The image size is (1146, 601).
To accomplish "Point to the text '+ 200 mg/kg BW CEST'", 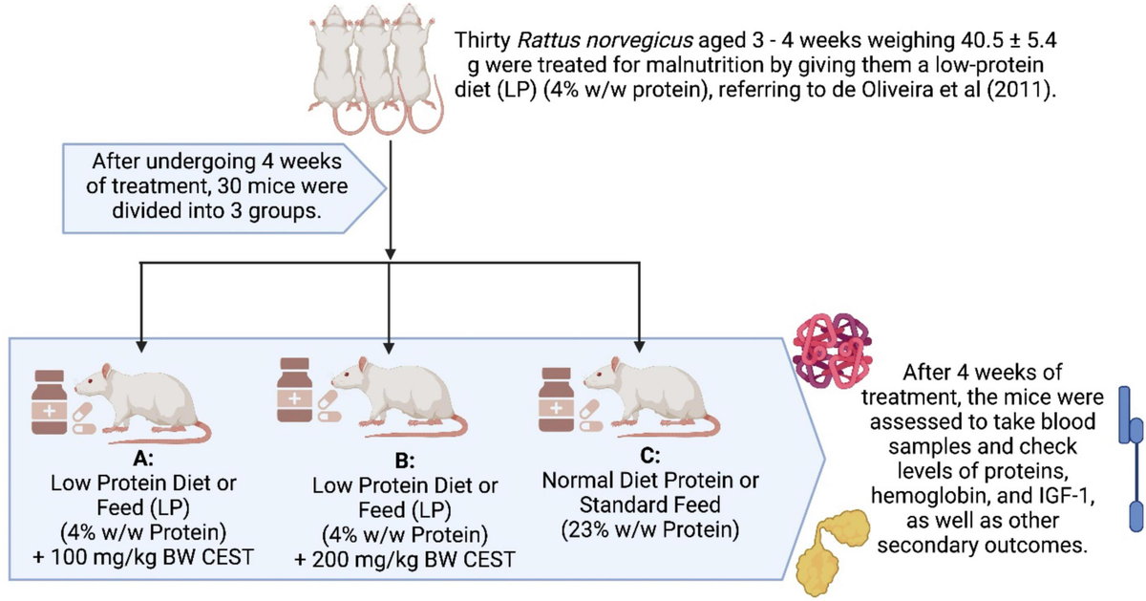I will click(405, 560).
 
